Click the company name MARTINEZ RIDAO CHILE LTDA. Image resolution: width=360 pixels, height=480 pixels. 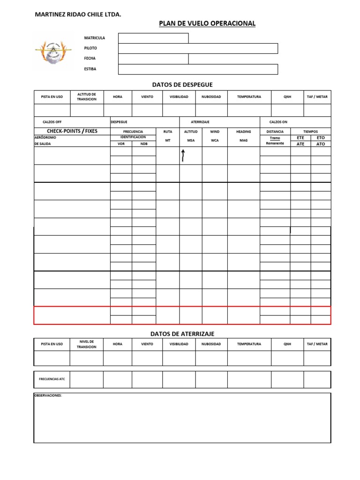[78, 15]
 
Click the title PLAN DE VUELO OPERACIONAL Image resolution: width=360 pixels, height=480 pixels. [207, 23]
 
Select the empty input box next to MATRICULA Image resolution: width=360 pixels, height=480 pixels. [153, 38]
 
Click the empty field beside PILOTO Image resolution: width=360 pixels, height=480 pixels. [198, 48]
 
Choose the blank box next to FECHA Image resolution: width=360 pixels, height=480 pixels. [153, 59]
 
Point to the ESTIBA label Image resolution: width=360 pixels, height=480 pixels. [90, 69]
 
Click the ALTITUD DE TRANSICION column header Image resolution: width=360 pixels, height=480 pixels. [86, 97]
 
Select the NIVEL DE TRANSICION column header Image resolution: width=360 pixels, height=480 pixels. [86, 344]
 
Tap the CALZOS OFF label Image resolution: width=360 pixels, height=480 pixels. [52, 122]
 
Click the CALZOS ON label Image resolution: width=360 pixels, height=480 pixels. [278, 122]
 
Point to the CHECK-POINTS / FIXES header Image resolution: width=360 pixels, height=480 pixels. [72, 131]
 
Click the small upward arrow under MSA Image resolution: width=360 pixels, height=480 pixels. [183, 156]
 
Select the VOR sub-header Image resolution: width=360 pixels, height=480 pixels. [121, 144]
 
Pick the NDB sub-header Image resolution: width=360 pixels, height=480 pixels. [143, 144]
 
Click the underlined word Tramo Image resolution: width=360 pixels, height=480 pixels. [275, 138]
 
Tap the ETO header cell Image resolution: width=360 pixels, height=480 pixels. [321, 138]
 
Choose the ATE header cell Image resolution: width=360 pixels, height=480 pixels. [300, 144]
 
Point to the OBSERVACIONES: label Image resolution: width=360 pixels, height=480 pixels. [48, 395]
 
